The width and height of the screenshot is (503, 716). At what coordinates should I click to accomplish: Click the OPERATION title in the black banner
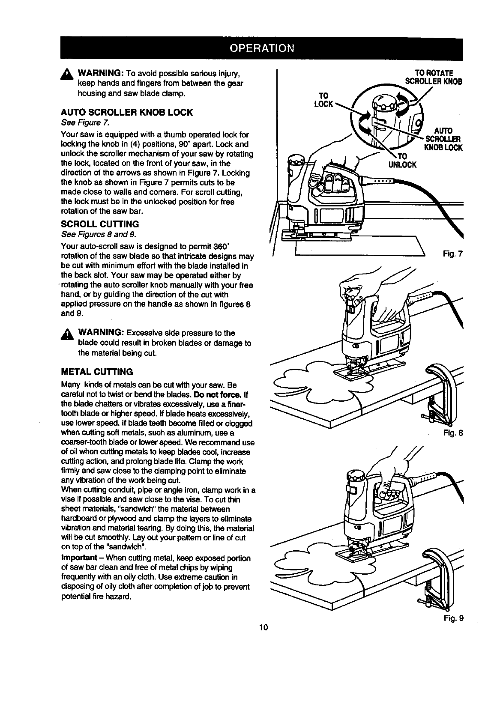[x=262, y=48]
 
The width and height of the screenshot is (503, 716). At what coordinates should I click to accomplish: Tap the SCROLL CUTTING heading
[x=100, y=224]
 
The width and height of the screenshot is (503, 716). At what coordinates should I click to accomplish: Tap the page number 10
[x=263, y=628]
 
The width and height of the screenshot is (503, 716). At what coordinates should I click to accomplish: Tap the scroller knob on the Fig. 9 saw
[x=356, y=476]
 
